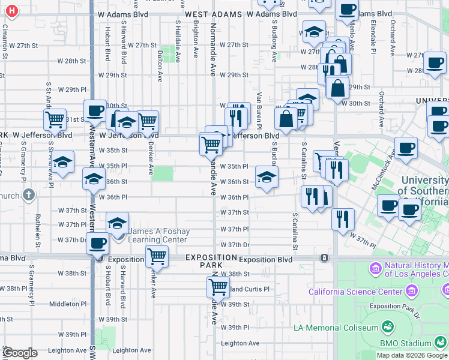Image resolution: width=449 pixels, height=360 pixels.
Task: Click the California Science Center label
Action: click(355, 292)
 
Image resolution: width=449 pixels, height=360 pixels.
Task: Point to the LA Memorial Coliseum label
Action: click(336, 328)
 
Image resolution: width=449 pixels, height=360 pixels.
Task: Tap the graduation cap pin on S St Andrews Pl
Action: click(62, 162)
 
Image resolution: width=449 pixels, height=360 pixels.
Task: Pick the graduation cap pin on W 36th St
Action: click(267, 176)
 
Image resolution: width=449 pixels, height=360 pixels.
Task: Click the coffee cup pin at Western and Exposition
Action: click(98, 244)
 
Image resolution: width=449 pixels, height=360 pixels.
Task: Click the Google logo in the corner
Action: click(20, 352)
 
